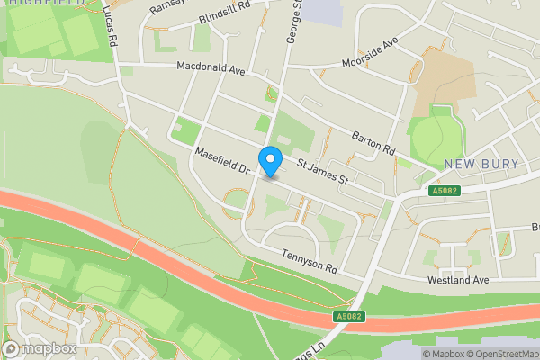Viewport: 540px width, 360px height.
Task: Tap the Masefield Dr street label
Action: [x=226, y=166]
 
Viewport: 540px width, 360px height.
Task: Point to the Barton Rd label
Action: [x=374, y=141]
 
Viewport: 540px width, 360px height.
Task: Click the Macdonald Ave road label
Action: [x=211, y=67]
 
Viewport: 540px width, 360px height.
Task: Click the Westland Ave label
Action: [x=457, y=280]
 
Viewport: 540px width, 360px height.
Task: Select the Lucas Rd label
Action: [x=110, y=24]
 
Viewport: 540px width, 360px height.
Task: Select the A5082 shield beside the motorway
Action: [x=351, y=316]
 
